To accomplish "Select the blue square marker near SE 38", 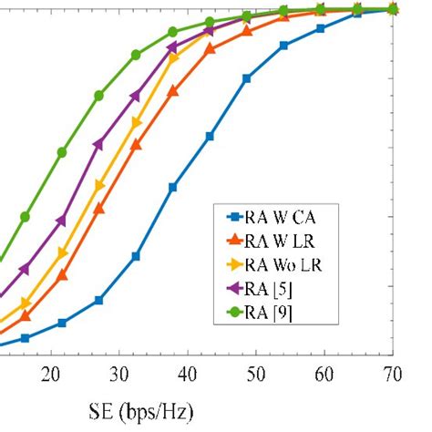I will pyautogui.click(x=173, y=187).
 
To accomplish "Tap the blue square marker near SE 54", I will pyautogui.click(x=284, y=45).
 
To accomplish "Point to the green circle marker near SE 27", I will pyautogui.click(x=98, y=95).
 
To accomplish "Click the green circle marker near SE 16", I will pyautogui.click(x=25, y=217).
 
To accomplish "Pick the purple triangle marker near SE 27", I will pyautogui.click(x=98, y=143).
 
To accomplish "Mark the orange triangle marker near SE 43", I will pyautogui.click(x=210, y=48).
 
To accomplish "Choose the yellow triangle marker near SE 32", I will pyautogui.click(x=137, y=122).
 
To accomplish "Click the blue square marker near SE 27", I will pyautogui.click(x=98, y=300).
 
